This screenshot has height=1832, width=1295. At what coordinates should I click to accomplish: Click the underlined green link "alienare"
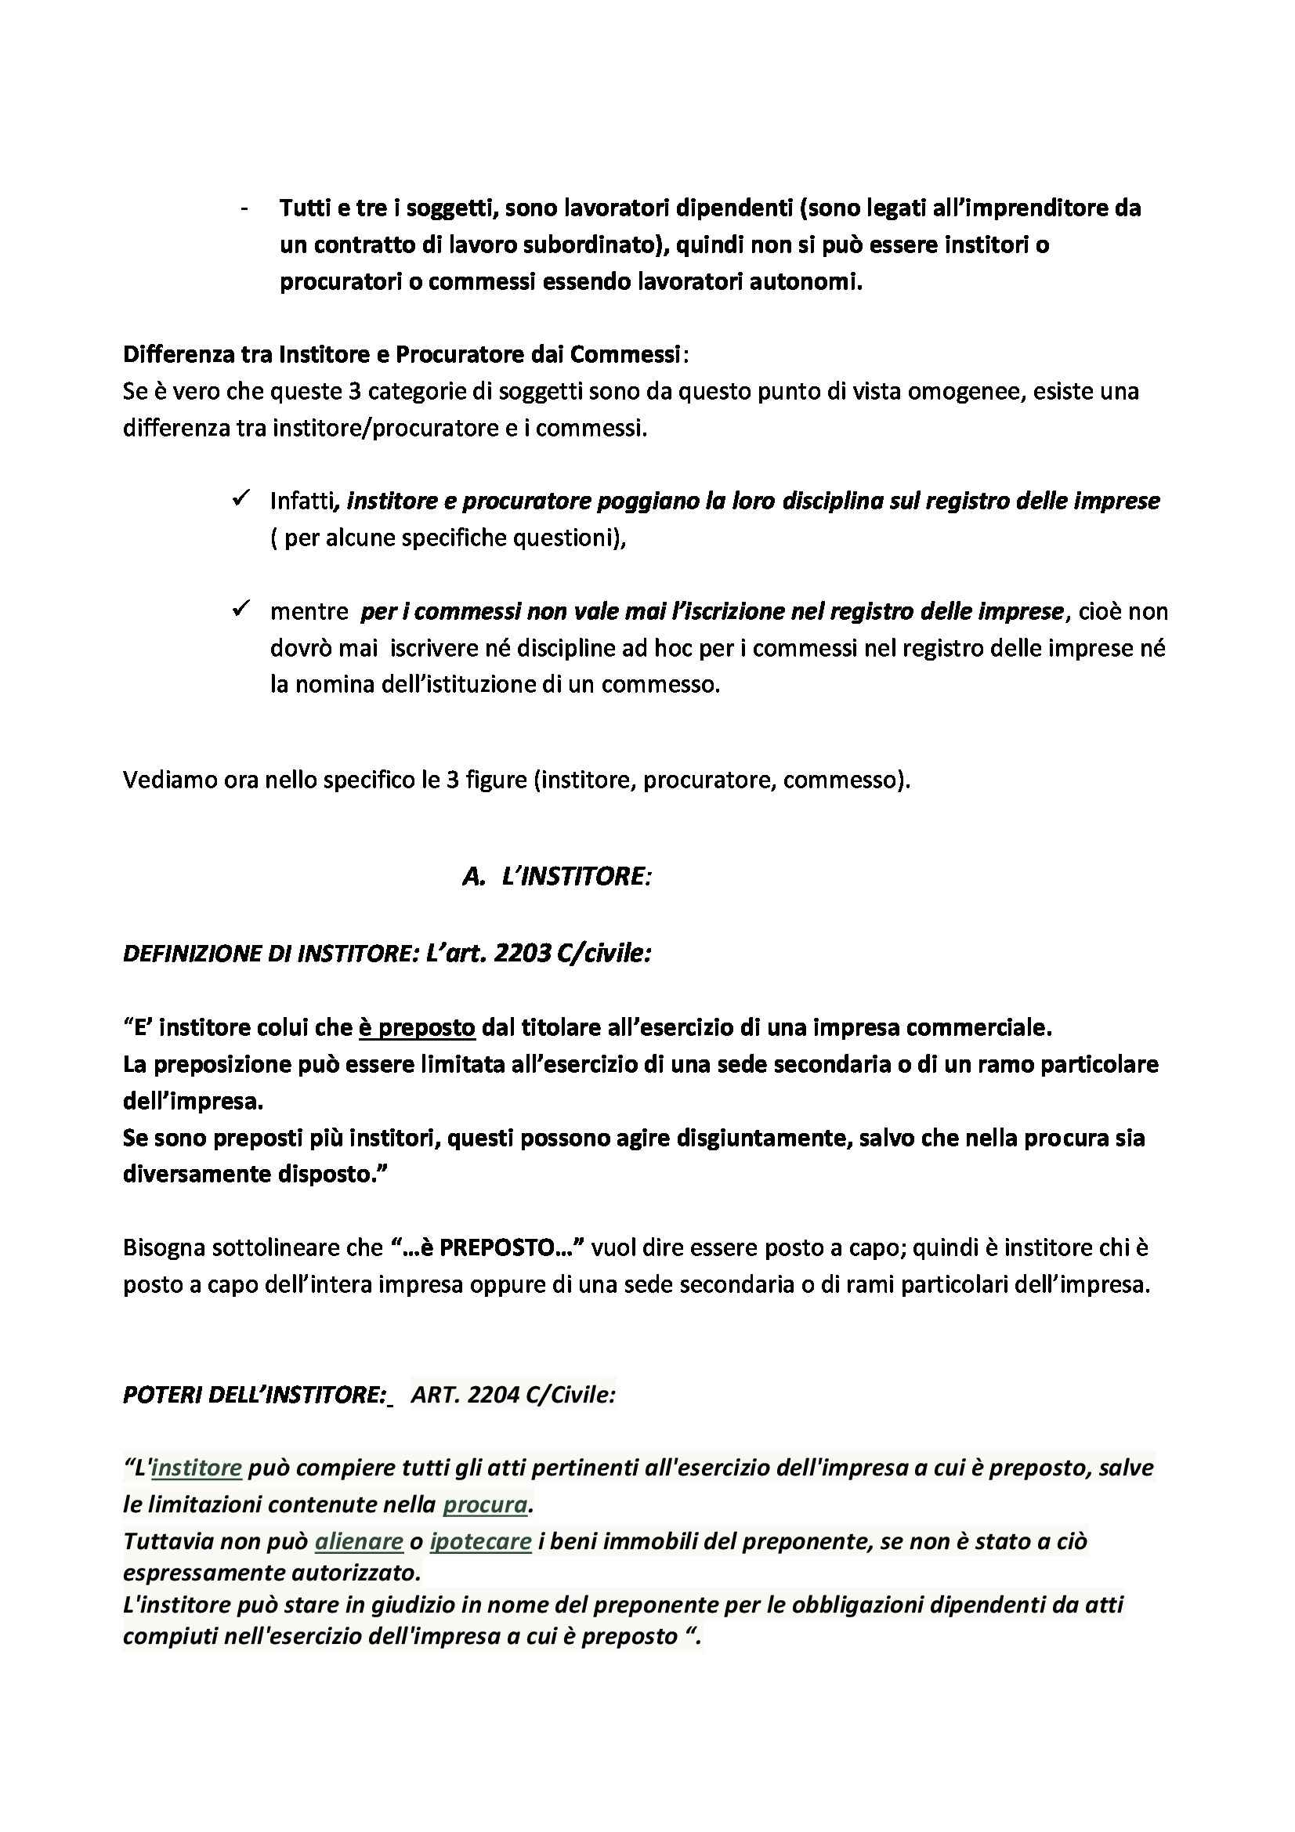coord(359,1541)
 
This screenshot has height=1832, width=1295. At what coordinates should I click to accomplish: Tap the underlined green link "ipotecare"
coord(480,1541)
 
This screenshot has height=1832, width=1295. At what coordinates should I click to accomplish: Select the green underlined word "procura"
coord(485,1504)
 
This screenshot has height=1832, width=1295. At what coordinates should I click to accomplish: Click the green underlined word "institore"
coord(197,1468)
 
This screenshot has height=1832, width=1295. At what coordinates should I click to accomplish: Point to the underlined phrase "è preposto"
coord(417,1027)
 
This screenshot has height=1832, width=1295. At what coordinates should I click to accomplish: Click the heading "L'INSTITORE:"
coord(577,876)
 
